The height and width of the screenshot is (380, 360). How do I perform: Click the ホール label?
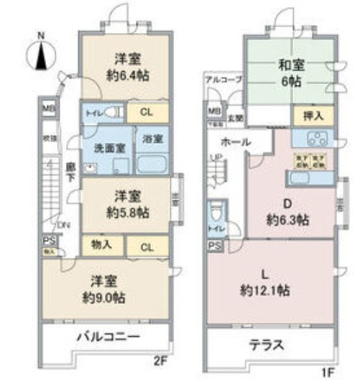(236, 142)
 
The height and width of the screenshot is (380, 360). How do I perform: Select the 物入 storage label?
(102, 245)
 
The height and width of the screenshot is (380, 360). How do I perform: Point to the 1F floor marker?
(328, 371)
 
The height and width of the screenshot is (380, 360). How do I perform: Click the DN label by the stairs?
(64, 225)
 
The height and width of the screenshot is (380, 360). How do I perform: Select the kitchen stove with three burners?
(315, 139)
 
